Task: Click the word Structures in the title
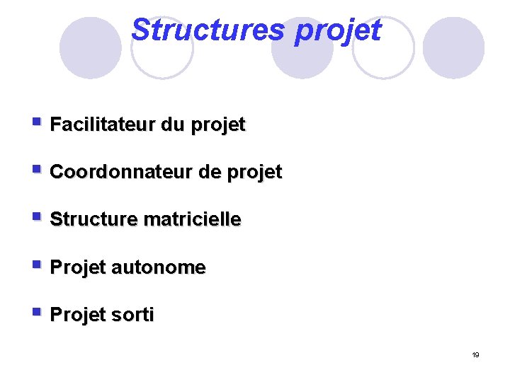pos(208,30)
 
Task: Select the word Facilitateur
pos(103,125)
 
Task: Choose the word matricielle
pos(192,220)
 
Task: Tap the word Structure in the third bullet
pos(93,220)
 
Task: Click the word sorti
pos(132,316)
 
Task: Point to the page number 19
pos(476,354)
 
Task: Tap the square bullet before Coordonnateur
pos(37,169)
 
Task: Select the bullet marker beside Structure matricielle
pos(37,217)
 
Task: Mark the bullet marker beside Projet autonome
pos(37,265)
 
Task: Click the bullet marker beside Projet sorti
pos(37,312)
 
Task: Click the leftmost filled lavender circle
pos(90,48)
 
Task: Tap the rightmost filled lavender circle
pos(453,48)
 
